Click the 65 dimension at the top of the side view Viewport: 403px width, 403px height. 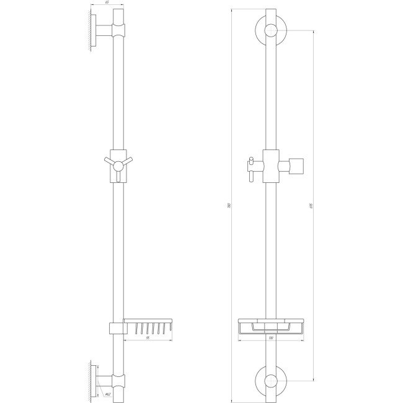(x=107, y=4)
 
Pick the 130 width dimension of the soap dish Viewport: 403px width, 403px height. (x=271, y=338)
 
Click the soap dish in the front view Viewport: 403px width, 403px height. (x=271, y=327)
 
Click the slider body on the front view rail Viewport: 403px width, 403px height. (x=271, y=165)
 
